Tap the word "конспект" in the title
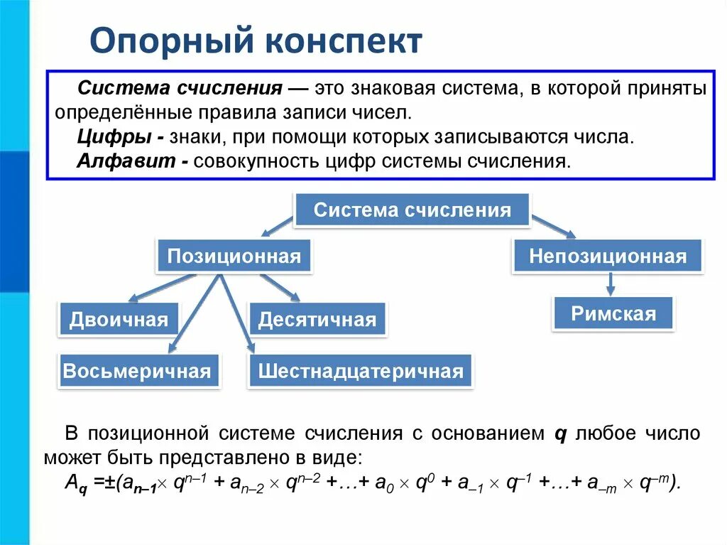[344, 42]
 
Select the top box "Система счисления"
[412, 210]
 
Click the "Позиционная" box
[234, 256]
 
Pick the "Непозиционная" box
[608, 256]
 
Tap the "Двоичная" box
[119, 320]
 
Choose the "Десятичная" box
[317, 320]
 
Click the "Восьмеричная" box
[137, 371]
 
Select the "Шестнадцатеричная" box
[361, 371]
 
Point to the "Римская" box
[613, 314]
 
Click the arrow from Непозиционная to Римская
[609, 285]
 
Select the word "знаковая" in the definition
[382, 90]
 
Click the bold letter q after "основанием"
[559, 433]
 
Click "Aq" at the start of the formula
[73, 483]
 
